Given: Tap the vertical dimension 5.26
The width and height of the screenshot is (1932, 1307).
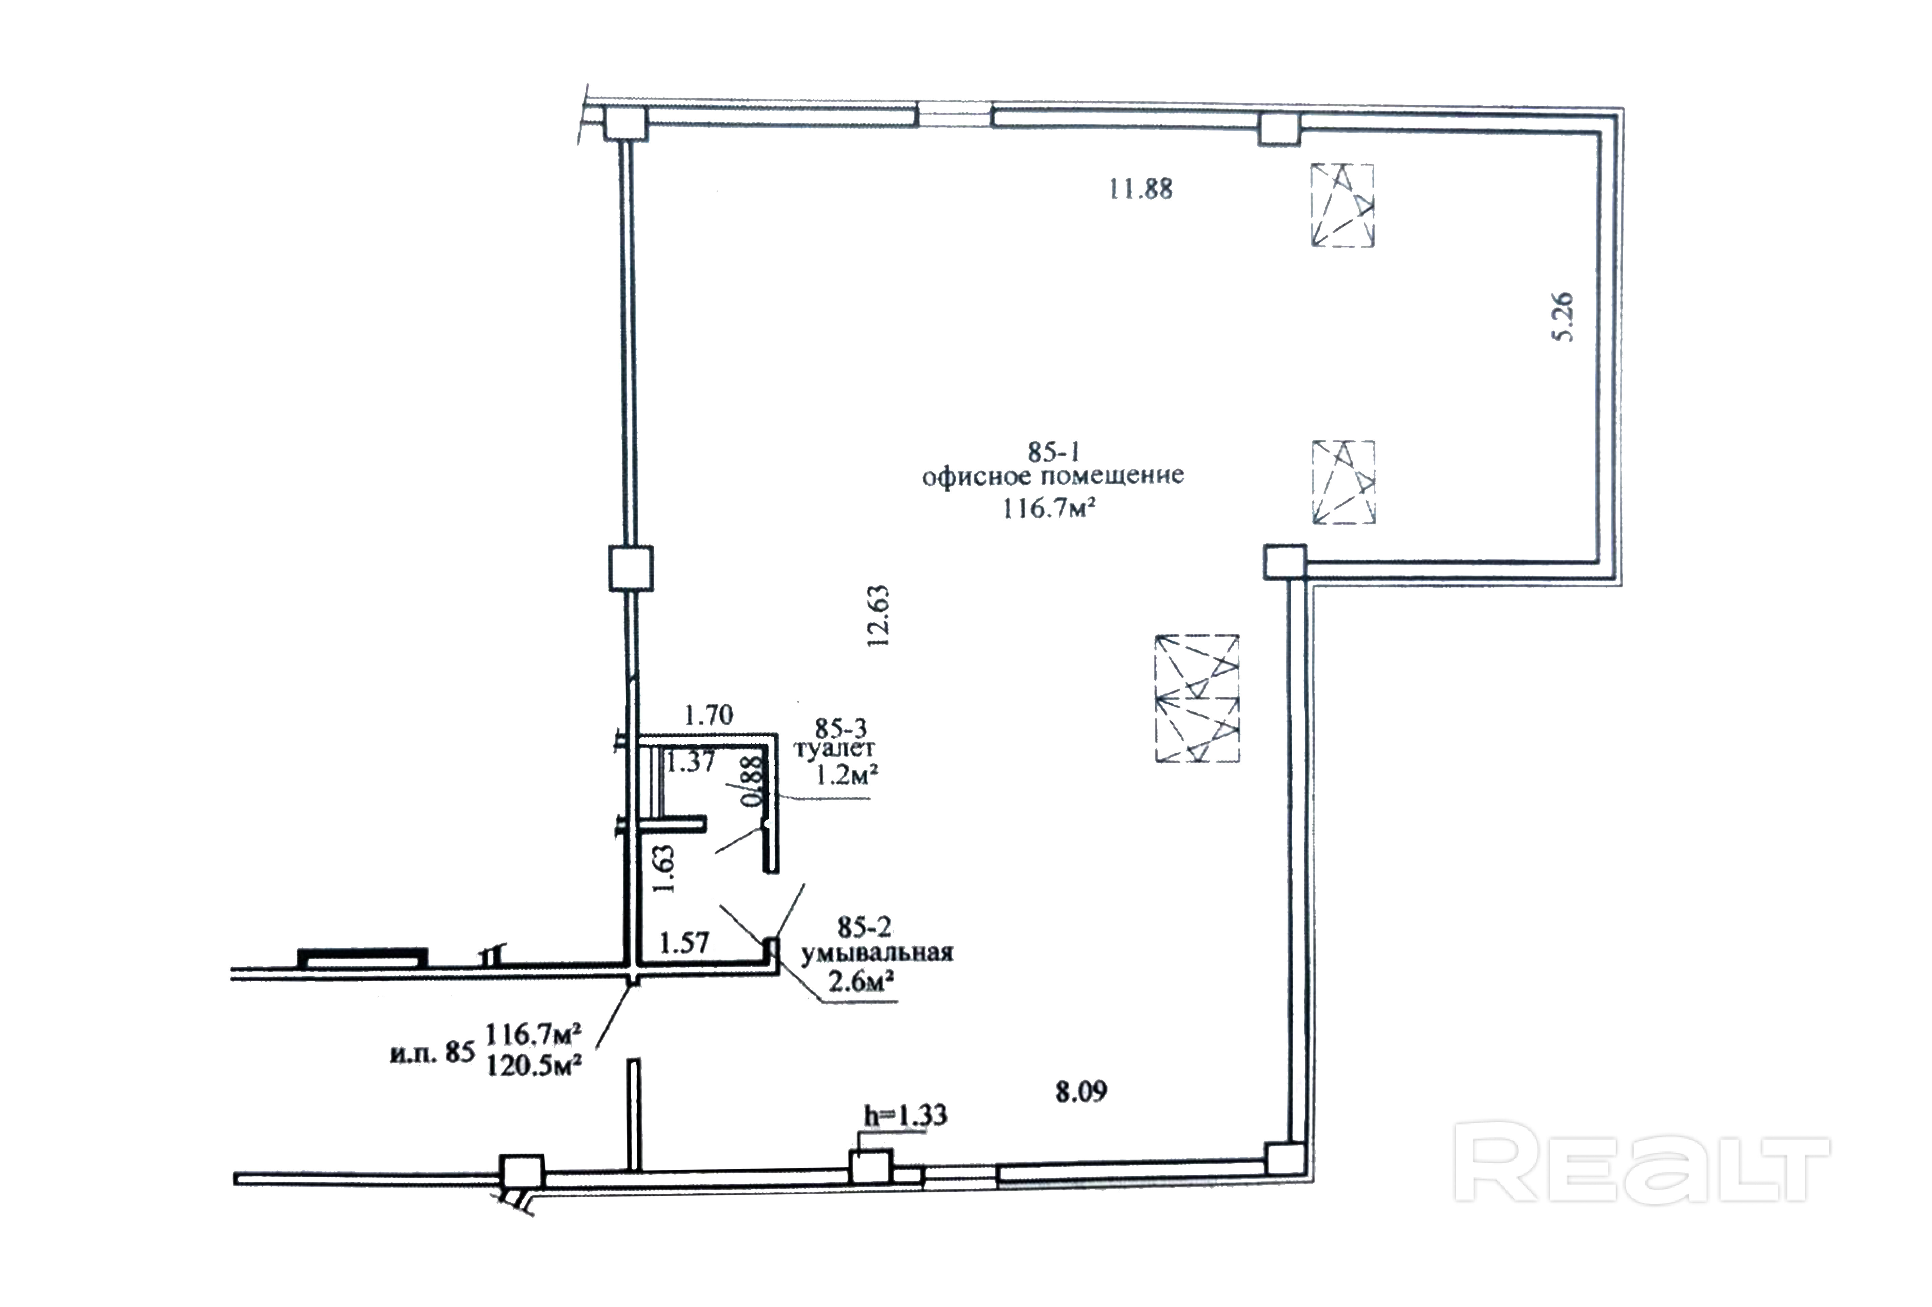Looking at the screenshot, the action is point(1563,317).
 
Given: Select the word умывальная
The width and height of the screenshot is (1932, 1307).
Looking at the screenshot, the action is point(876,953).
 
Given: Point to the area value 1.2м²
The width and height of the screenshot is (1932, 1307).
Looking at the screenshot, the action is point(846,776).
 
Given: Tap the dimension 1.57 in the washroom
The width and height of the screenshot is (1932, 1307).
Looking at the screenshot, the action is point(683,943).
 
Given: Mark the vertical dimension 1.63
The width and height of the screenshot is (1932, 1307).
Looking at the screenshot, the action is point(664,869).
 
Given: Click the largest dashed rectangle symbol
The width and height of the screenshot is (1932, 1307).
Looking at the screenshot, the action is point(1196,698).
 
